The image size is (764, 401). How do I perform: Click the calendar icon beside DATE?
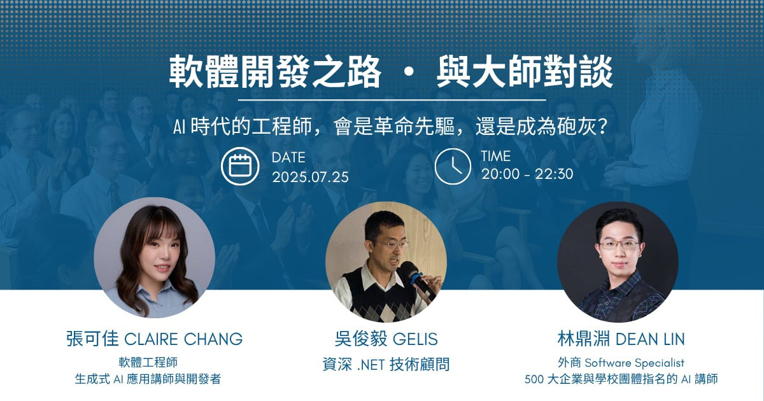(240, 166)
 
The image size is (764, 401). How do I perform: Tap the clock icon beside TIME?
(453, 166)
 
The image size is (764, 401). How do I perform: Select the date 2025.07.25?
(311, 178)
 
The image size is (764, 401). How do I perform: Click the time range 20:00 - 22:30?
(527, 174)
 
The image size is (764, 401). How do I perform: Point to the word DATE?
(288, 158)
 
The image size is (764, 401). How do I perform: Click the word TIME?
(496, 157)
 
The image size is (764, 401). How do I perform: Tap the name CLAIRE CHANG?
(183, 339)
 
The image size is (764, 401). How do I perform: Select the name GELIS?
(415, 339)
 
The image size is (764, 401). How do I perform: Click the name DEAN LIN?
(650, 339)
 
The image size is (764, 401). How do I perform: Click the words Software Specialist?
(635, 363)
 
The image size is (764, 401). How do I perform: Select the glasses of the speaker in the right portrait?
(619, 244)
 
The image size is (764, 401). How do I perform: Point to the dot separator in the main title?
(409, 73)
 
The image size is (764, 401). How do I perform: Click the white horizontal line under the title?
(392, 100)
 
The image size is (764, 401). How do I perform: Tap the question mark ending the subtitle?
(603, 127)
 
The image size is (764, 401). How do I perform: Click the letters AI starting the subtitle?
(179, 127)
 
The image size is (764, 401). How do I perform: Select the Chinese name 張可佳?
(92, 339)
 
